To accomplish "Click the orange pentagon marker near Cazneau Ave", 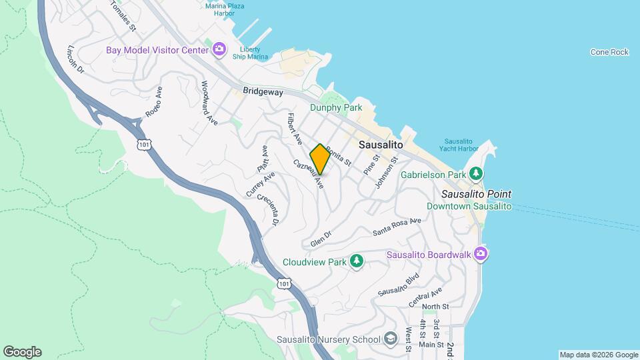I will (x=320, y=159).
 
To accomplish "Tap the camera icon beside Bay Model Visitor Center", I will (x=219, y=50).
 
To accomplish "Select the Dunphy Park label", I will (x=335, y=107).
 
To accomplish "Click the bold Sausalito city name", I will (x=381, y=144).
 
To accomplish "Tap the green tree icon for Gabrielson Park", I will (x=476, y=175).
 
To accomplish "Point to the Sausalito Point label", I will (x=477, y=194).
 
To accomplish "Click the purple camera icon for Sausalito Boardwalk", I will (x=481, y=254).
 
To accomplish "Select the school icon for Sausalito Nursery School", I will (x=391, y=339).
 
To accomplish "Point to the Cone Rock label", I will (x=609, y=52).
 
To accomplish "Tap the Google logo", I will (x=22, y=352).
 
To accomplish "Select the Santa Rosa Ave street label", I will (x=397, y=227).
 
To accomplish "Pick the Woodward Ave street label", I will (x=210, y=103).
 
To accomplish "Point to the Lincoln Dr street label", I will (x=76, y=59).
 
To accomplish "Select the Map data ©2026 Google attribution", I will (x=598, y=355).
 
